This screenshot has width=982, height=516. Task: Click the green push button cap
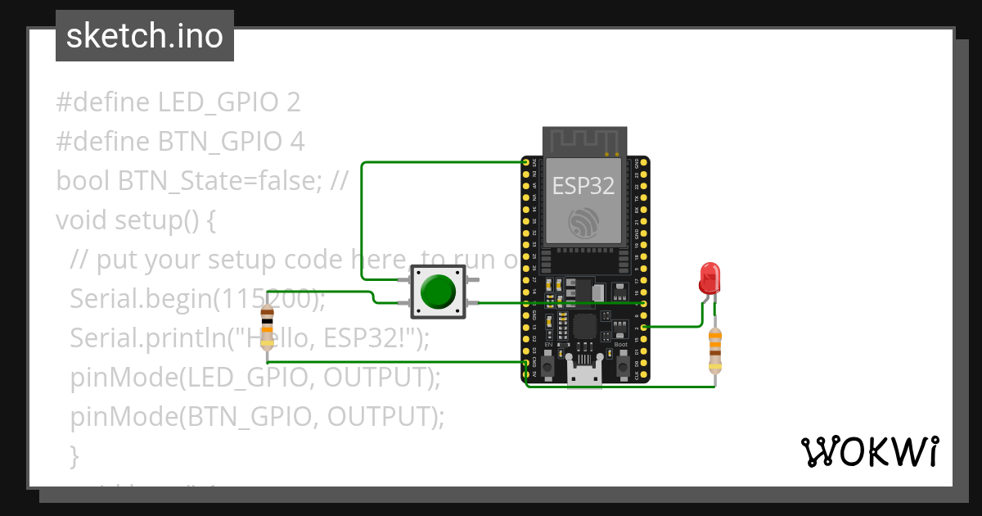coord(438,292)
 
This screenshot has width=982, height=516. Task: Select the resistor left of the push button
coord(267,328)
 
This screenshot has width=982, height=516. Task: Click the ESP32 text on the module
coord(583,185)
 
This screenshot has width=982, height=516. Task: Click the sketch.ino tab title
coord(144,36)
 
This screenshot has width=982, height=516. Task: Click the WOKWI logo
coord(869,451)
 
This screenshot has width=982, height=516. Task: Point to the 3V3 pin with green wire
coord(526,163)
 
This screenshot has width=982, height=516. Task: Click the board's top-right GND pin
coord(644,163)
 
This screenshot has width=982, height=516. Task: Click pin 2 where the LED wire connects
coord(644,327)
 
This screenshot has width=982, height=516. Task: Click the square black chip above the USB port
coord(585,327)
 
